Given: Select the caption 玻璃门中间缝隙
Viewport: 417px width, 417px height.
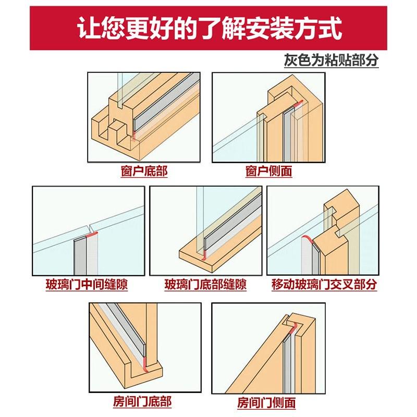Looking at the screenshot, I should pyautogui.click(x=87, y=285).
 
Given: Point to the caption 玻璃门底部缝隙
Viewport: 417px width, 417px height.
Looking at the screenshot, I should pyautogui.click(x=205, y=285).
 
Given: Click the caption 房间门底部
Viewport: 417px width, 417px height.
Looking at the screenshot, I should pyautogui.click(x=142, y=402).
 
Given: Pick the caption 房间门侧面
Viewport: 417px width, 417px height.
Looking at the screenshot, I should pyautogui.click(x=266, y=402).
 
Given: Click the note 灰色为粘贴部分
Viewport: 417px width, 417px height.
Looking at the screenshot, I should pyautogui.click(x=330, y=60).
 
